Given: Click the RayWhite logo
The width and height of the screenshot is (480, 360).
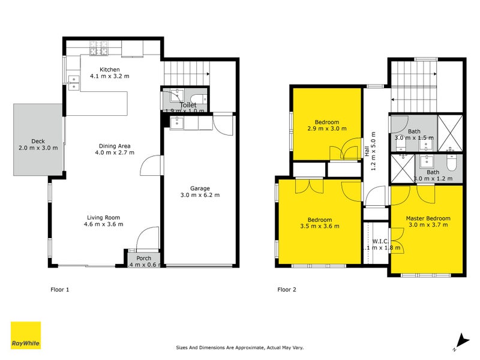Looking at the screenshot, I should [x=26, y=335].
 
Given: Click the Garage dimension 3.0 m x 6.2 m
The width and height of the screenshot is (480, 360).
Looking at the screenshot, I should [x=200, y=195].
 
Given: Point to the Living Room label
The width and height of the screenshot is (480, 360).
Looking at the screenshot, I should [x=104, y=218].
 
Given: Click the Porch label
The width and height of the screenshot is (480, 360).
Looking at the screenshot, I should [x=144, y=259].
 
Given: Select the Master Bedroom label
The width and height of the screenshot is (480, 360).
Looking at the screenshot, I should [x=428, y=218].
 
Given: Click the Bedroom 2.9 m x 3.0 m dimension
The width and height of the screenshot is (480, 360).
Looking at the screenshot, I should [x=327, y=128].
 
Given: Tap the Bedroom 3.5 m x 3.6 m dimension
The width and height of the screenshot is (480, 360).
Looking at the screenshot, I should [x=319, y=226].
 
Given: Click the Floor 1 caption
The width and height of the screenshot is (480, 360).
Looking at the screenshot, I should [x=59, y=289].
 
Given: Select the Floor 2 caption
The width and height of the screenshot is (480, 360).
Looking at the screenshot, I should [x=287, y=289].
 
